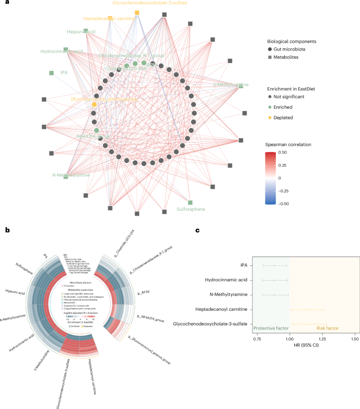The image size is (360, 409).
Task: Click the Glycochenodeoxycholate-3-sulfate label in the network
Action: coord(150,3)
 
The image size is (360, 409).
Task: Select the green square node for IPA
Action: coord(51,73)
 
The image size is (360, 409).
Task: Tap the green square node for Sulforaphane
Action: coord(190,202)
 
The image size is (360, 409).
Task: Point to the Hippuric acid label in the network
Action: coord(81,32)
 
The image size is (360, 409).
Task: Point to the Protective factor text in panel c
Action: coord(271,328)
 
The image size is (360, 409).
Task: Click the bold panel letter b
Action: coord(7,229)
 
